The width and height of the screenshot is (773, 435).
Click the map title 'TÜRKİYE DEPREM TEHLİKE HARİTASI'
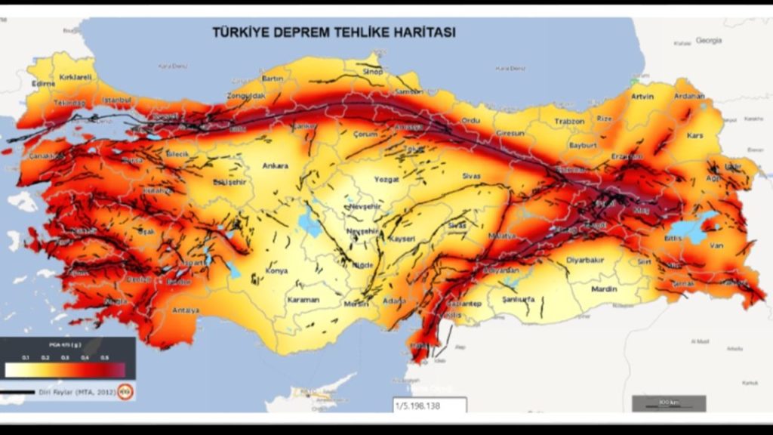point(333,32)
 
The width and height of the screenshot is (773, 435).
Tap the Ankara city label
point(276,166)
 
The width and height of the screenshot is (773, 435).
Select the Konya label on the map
point(277,270)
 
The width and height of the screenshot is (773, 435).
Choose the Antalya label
point(185,310)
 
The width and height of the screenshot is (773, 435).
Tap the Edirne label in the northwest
point(45,84)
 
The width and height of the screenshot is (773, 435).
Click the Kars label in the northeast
point(694,136)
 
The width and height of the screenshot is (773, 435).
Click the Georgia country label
point(709,39)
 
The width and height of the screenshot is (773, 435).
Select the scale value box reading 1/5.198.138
point(429,406)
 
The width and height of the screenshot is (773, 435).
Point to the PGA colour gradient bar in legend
point(64,369)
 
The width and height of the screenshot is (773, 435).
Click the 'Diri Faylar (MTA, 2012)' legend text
point(76,393)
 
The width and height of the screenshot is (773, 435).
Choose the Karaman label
point(303,300)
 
